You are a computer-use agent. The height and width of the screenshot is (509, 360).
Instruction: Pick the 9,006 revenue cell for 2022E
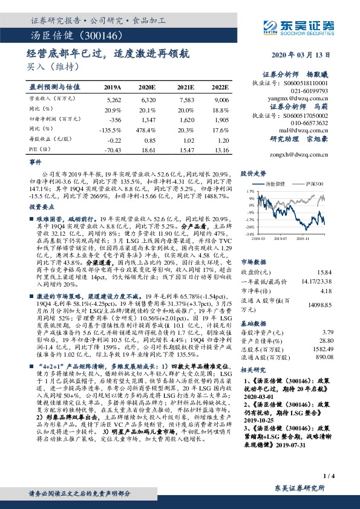[221, 99]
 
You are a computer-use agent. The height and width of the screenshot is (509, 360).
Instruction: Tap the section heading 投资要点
[42, 207]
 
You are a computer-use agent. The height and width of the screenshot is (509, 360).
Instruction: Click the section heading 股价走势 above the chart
[254, 173]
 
